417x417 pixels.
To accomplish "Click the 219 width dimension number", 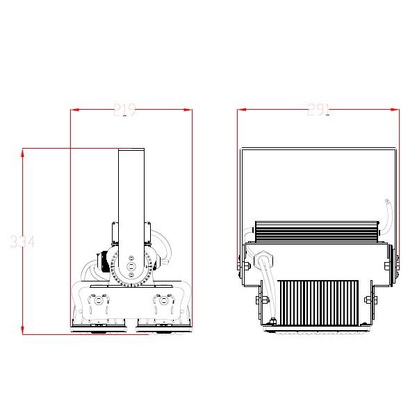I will (124, 109).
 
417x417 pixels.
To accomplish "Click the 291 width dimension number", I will (318, 109).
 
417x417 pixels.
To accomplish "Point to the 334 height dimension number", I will (22, 242).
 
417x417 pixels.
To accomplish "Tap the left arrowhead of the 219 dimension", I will (74, 109).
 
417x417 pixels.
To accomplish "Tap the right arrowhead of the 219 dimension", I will (188, 109).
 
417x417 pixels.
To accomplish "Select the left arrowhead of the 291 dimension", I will (241, 109).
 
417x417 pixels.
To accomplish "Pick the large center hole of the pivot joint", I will (131, 266).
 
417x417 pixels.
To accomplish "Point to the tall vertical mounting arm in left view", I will (131, 195).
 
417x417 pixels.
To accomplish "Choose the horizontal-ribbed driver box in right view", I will (316, 228).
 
